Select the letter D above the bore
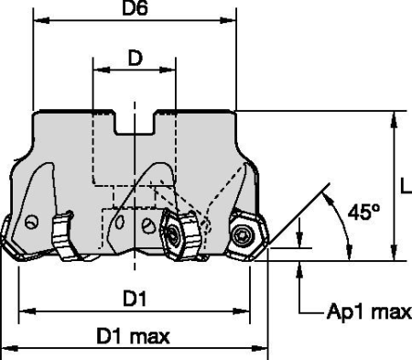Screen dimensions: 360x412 click(135, 59)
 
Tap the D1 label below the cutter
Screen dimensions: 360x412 click(135, 299)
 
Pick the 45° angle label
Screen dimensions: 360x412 click(363, 213)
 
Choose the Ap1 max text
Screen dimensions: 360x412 click(369, 311)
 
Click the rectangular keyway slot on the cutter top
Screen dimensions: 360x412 click(135, 122)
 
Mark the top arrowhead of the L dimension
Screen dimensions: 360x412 click(394, 117)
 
